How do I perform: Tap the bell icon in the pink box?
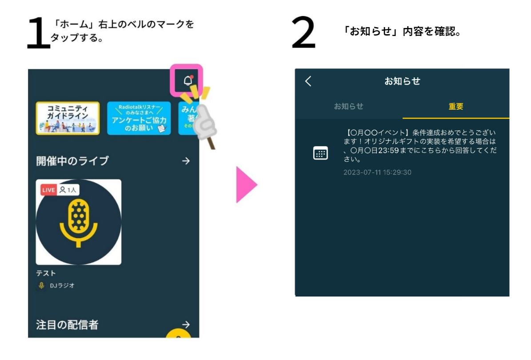[x=188, y=80]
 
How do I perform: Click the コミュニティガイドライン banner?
[x=68, y=118]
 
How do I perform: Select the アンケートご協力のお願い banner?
[x=139, y=118]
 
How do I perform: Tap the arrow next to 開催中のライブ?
[x=186, y=161]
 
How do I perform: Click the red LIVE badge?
[x=48, y=190]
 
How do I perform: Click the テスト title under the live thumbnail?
[x=46, y=273]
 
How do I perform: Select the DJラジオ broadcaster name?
[x=62, y=285]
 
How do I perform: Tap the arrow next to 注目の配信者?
[x=186, y=324]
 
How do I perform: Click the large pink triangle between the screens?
[x=245, y=184]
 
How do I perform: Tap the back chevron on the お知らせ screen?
[x=308, y=81]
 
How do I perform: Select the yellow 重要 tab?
[x=456, y=106]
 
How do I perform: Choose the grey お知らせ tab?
[x=348, y=106]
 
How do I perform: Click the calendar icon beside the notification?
[x=320, y=153]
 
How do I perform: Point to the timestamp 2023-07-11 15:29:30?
[x=377, y=172]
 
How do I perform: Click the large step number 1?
[x=38, y=33]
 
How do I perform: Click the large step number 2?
[x=303, y=32]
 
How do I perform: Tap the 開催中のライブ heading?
[x=72, y=161]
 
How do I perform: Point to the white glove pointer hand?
[x=204, y=122]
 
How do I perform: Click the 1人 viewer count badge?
[x=68, y=190]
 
